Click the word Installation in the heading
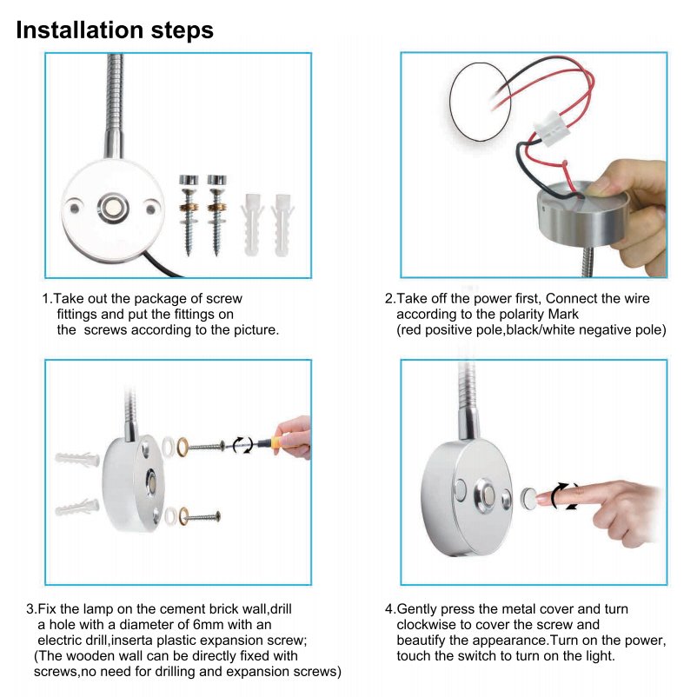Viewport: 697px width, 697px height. coord(80,30)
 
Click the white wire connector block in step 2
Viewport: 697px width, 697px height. coord(551,129)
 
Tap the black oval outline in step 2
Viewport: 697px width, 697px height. coord(480,102)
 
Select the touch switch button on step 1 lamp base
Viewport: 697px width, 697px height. coord(113,208)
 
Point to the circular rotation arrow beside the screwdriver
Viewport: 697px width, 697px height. coord(243,444)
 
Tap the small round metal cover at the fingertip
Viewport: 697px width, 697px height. coord(528,499)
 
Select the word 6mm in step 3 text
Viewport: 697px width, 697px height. coord(208,625)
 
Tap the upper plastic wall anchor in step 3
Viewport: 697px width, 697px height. coord(77,460)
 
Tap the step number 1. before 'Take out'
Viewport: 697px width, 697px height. coord(47,299)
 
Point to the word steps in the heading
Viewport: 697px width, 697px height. coord(183,31)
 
